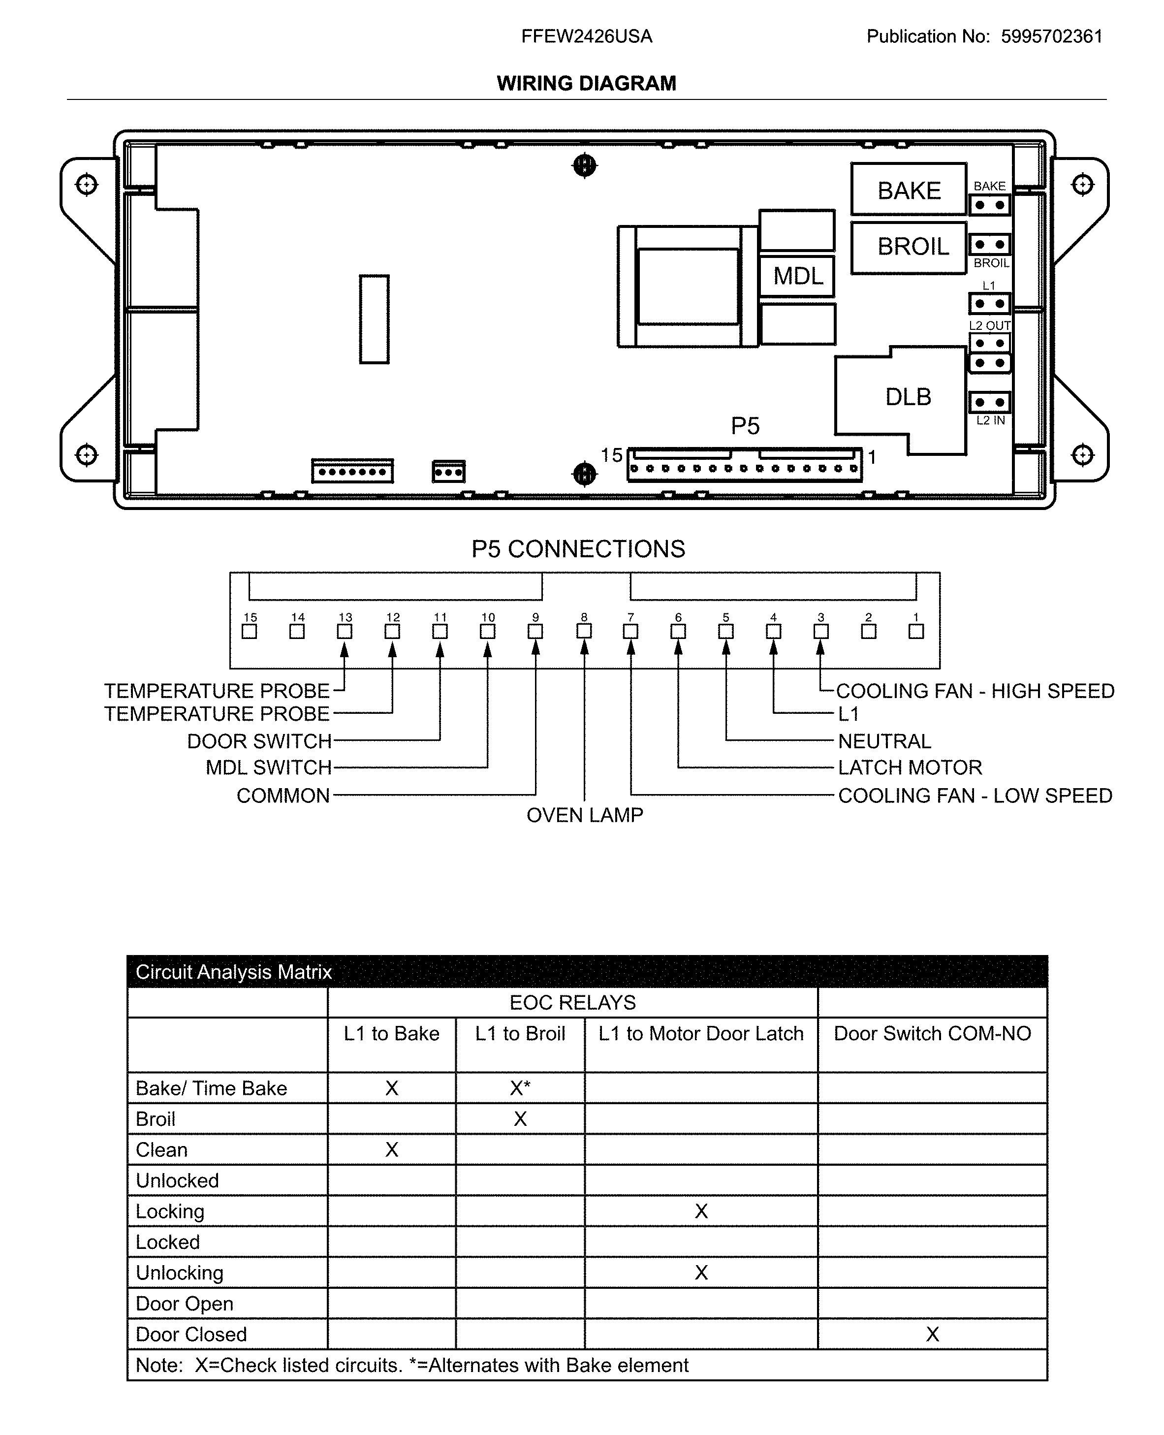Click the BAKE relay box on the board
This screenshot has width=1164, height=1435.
pyautogui.click(x=909, y=190)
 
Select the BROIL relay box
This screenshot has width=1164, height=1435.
pyautogui.click(x=909, y=247)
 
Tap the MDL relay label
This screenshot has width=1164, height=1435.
pyautogui.click(x=797, y=276)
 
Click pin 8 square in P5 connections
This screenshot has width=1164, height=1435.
pyautogui.click(x=584, y=631)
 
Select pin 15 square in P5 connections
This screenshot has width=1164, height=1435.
pyautogui.click(x=250, y=631)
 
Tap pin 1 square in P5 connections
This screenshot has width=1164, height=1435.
pyautogui.click(x=916, y=631)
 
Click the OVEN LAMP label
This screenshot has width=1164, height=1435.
pyautogui.click(x=584, y=815)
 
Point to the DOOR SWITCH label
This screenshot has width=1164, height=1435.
pyautogui.click(x=259, y=741)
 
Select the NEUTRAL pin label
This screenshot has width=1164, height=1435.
pyautogui.click(x=884, y=741)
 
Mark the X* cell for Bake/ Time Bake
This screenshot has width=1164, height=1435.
pyautogui.click(x=520, y=1087)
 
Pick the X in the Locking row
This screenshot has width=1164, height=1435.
pyautogui.click(x=701, y=1211)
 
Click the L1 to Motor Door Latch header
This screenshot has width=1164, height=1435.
pyautogui.click(x=701, y=1033)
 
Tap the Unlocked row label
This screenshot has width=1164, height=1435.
pyautogui.click(x=177, y=1180)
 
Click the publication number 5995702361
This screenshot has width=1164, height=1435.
pyautogui.click(x=1051, y=36)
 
